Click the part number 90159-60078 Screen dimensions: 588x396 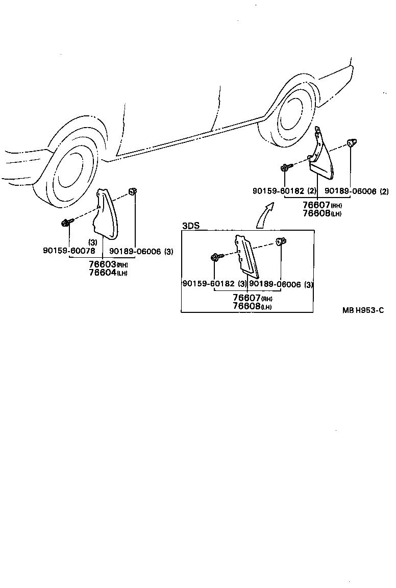(68, 251)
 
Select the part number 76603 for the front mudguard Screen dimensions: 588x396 (103, 264)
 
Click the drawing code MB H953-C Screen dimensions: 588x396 (363, 309)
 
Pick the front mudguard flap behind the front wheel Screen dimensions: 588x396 (107, 214)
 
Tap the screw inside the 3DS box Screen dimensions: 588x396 (216, 257)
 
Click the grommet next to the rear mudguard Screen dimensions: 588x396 (352, 142)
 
